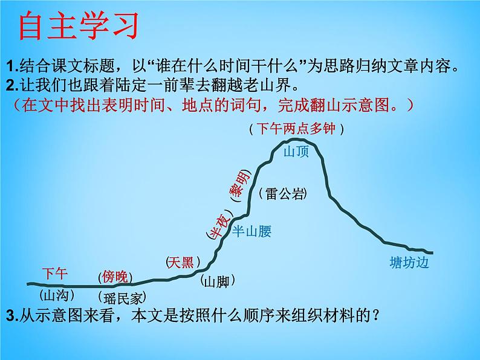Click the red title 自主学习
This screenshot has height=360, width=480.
coord(79,27)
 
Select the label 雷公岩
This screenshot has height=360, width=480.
coord(283,193)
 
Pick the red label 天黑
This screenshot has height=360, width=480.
coord(180,262)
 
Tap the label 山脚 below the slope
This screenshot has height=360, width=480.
coord(217,281)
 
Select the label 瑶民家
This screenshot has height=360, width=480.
coord(122,297)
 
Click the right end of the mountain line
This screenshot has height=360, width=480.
coord(432,252)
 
